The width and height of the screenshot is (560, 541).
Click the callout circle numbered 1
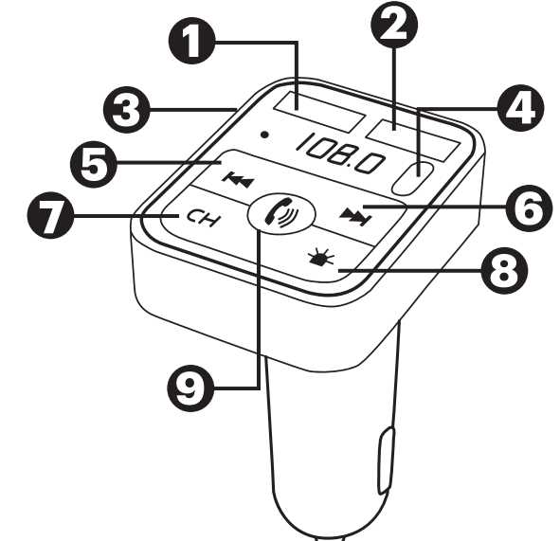point(191,41)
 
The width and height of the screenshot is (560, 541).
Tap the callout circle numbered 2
point(394,25)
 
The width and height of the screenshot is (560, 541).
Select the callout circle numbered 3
point(126,110)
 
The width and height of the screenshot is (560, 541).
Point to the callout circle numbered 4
point(521,108)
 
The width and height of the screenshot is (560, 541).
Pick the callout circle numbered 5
point(94,164)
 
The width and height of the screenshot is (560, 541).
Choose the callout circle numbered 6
point(529,208)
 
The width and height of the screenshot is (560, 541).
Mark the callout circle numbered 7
point(50,216)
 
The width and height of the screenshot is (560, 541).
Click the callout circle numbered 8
point(504,270)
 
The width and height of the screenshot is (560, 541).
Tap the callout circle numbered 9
point(190,388)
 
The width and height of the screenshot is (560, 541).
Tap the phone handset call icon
point(281,214)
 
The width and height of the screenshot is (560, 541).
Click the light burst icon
point(320,258)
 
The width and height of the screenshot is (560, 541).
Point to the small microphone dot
point(264,135)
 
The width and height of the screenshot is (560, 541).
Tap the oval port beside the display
point(413,178)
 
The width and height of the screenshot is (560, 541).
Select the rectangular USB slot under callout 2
point(412,140)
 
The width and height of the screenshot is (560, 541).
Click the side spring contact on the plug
point(387,460)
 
